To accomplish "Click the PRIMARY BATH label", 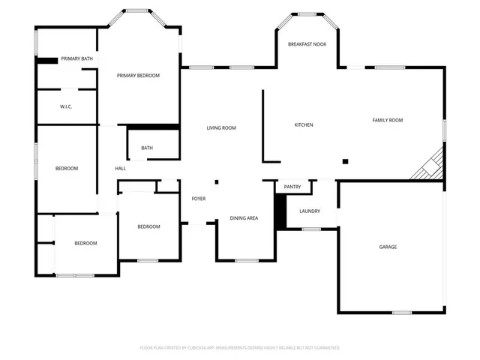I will pyautogui.click(x=76, y=58).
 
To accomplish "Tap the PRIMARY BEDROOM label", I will pyautogui.click(x=138, y=76).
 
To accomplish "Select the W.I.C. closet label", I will pyautogui.click(x=66, y=107).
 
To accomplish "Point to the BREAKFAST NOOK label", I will pyautogui.click(x=307, y=45).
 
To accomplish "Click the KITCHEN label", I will pyautogui.click(x=303, y=124).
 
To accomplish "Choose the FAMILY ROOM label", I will pyautogui.click(x=388, y=120).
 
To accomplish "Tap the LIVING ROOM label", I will pyautogui.click(x=221, y=128).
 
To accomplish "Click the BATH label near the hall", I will pyautogui.click(x=147, y=148).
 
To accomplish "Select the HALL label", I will pyautogui.click(x=120, y=169).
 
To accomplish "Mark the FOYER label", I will pyautogui.click(x=199, y=199).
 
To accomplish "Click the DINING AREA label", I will pyautogui.click(x=244, y=218).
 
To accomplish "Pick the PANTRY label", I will pyautogui.click(x=292, y=187).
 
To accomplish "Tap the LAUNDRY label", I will pyautogui.click(x=310, y=211).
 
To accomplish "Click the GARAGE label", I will pyautogui.click(x=388, y=247).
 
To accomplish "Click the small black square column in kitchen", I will pyautogui.click(x=345, y=161).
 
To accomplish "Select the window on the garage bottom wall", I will pyautogui.click(x=402, y=312).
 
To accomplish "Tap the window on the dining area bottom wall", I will pyautogui.click(x=246, y=261).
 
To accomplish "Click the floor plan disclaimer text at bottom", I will pyautogui.click(x=240, y=347).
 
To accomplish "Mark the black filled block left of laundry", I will pyautogui.click(x=280, y=211).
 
